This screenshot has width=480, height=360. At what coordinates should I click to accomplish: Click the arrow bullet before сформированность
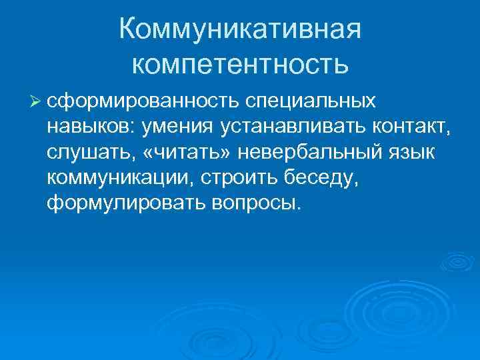pyautogui.click(x=36, y=101)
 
